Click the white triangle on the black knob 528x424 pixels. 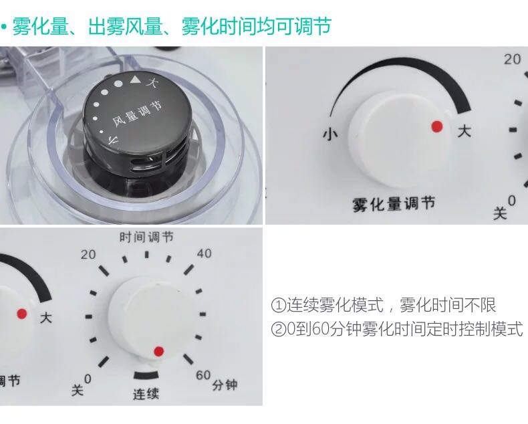click(135, 80)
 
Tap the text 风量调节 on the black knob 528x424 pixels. click(137, 113)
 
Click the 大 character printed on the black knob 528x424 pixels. click(153, 82)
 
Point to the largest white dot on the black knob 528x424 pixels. click(118, 84)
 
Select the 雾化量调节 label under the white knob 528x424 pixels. click(394, 204)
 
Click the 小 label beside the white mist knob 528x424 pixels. click(330, 134)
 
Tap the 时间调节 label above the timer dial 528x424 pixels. click(146, 237)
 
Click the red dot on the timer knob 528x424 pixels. click(158, 352)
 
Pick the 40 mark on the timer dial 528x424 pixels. click(204, 253)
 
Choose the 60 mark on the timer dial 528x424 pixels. click(203, 375)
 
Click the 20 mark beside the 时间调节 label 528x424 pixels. click(88, 255)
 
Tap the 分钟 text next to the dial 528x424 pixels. click(225, 385)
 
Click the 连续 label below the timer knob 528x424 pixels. click(146, 394)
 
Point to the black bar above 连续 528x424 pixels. click(146, 375)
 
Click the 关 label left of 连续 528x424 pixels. click(77, 390)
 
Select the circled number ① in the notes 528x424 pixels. click(278, 306)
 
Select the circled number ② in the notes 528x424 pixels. click(278, 329)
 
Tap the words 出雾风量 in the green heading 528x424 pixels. click(125, 26)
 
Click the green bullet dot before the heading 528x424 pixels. click(4, 27)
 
